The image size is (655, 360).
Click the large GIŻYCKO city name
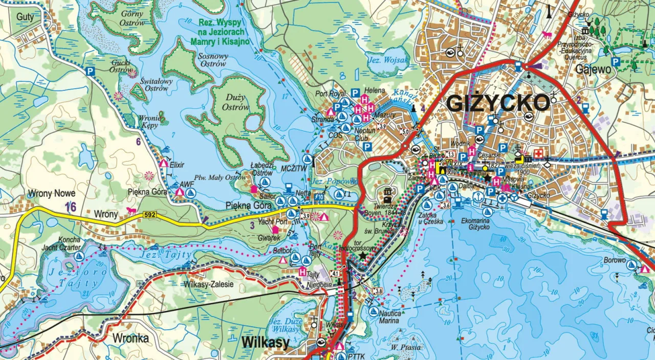coord(498,103)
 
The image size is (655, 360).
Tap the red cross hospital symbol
coord(538,153)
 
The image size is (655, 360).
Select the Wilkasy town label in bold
coord(265,343)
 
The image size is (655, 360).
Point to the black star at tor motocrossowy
coord(363,255)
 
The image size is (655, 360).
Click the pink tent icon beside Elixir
coord(164,164)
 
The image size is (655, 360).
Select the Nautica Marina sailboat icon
coord(374,311)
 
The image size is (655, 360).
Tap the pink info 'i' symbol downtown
coord(470,167)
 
